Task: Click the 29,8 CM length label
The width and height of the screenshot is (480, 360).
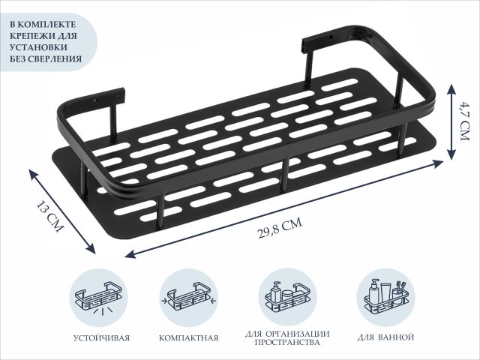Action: [280, 228]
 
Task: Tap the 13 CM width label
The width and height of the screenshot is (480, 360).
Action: [50, 216]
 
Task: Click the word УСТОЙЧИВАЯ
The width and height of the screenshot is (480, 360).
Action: [102, 338]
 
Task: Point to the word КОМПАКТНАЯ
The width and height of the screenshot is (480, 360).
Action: [188, 338]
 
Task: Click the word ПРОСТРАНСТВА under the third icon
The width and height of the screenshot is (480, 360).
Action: [287, 342]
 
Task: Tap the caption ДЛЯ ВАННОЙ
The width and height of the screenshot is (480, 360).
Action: [385, 337]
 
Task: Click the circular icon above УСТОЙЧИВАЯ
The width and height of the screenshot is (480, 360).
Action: [99, 298]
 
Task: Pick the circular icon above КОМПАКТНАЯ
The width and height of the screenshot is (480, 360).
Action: [188, 298]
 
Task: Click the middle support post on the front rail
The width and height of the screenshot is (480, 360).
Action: [285, 175]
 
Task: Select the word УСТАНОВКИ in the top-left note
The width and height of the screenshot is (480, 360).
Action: [38, 47]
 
